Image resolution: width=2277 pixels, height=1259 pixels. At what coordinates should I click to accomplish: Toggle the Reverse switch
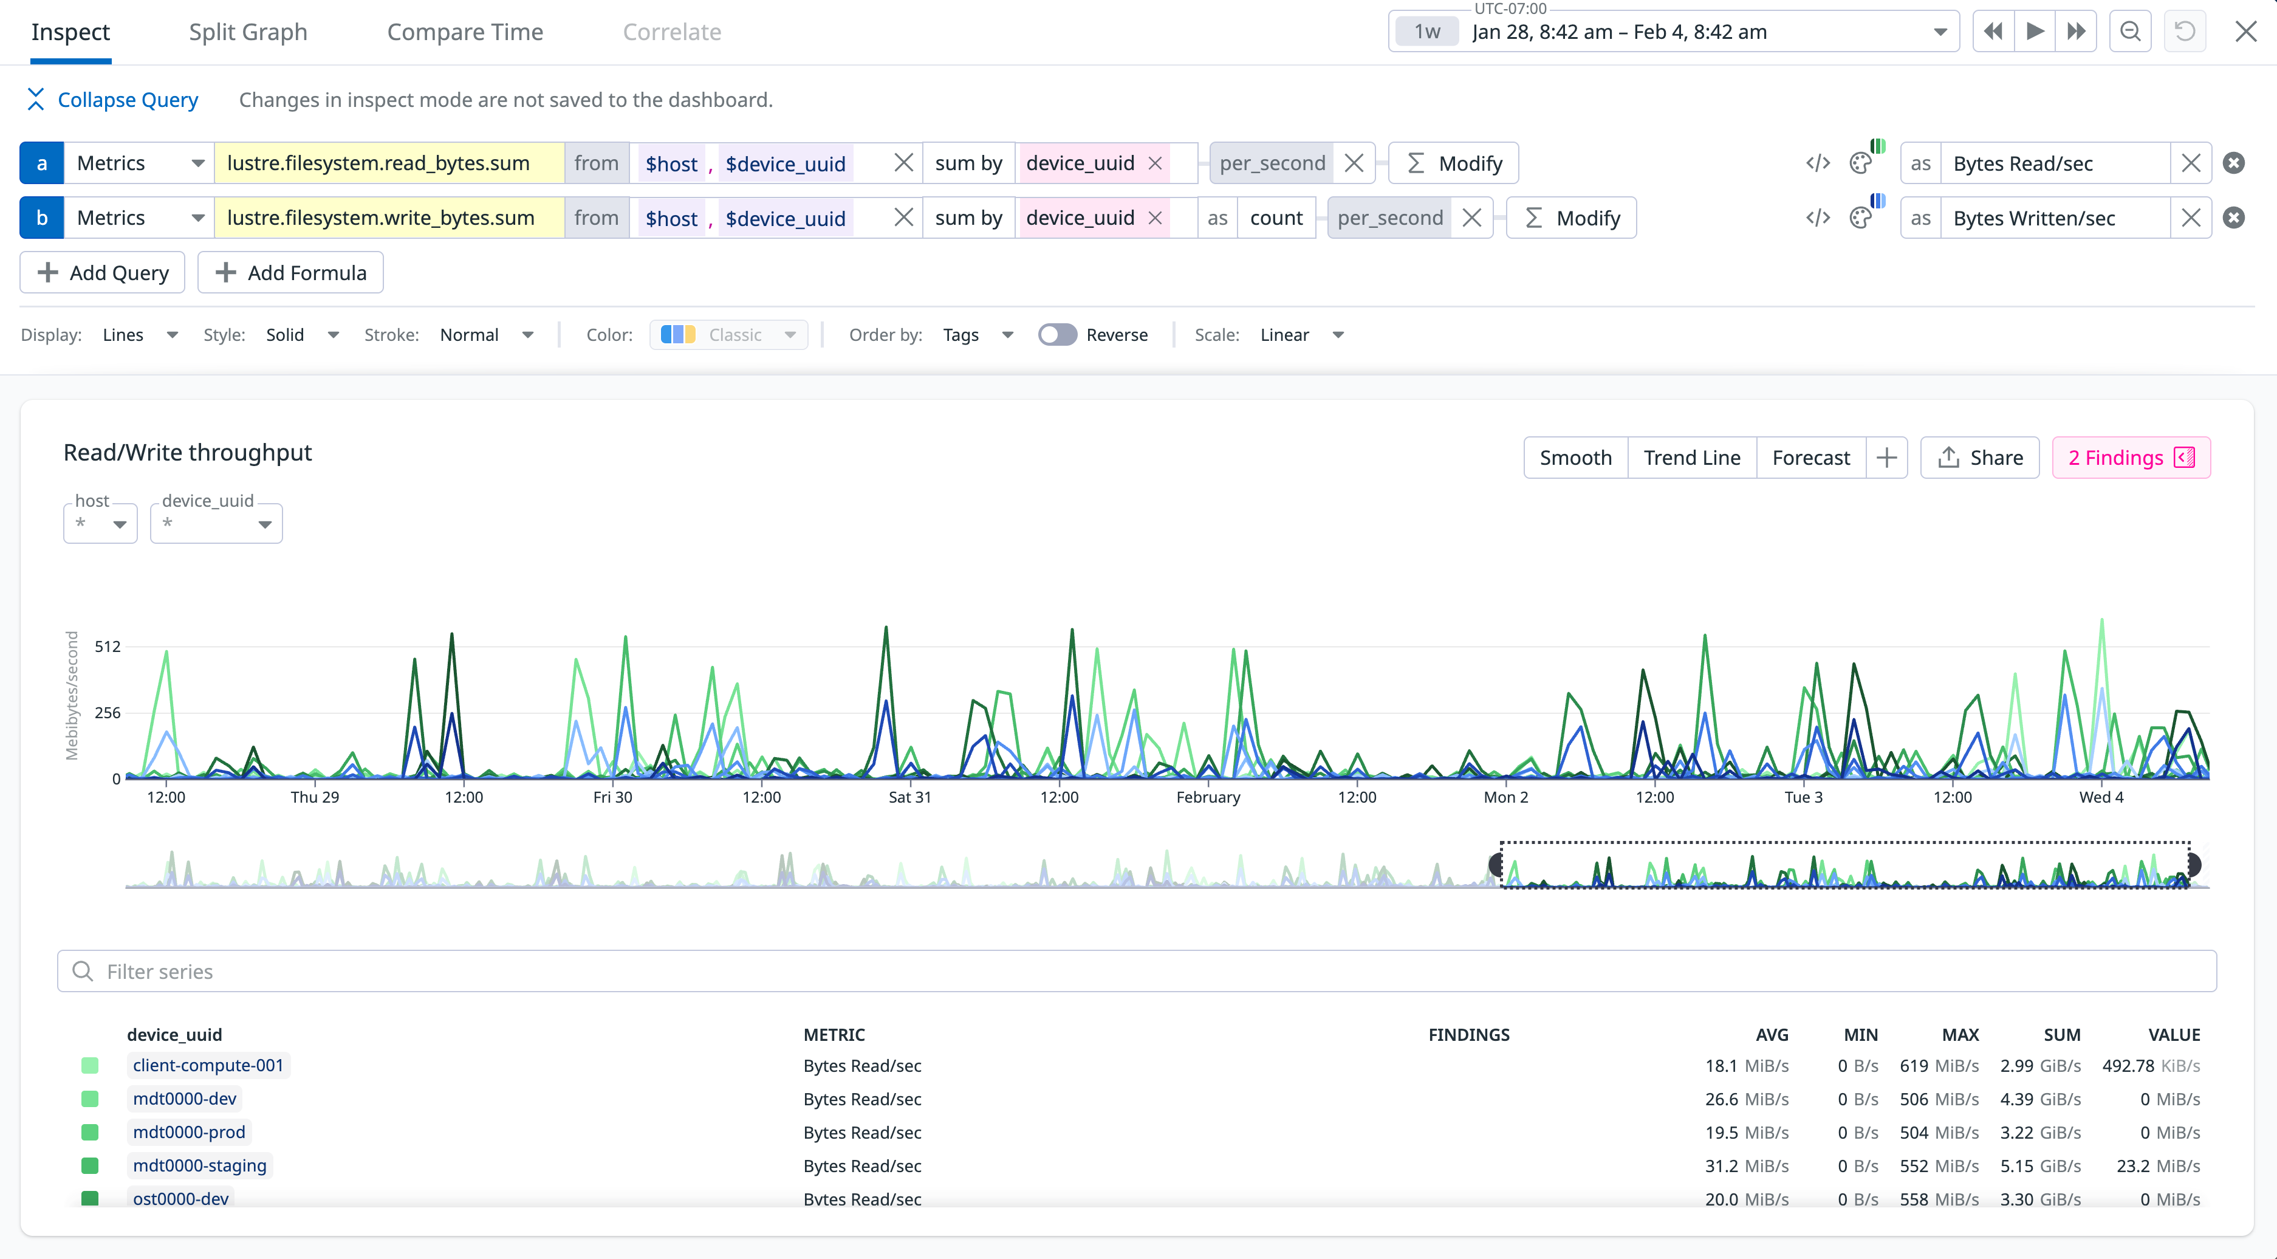point(1057,335)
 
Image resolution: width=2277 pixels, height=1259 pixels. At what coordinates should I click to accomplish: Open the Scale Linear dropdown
point(1301,335)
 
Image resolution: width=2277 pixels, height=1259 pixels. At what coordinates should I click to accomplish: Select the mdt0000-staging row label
point(200,1166)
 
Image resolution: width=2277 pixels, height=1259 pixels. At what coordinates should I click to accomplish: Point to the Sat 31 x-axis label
point(909,797)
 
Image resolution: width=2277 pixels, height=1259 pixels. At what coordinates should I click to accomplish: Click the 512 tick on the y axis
point(108,647)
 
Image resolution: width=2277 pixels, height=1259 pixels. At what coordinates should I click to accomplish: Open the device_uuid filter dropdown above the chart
point(216,524)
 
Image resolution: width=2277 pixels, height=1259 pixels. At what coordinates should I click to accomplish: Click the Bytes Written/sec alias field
point(2054,218)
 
